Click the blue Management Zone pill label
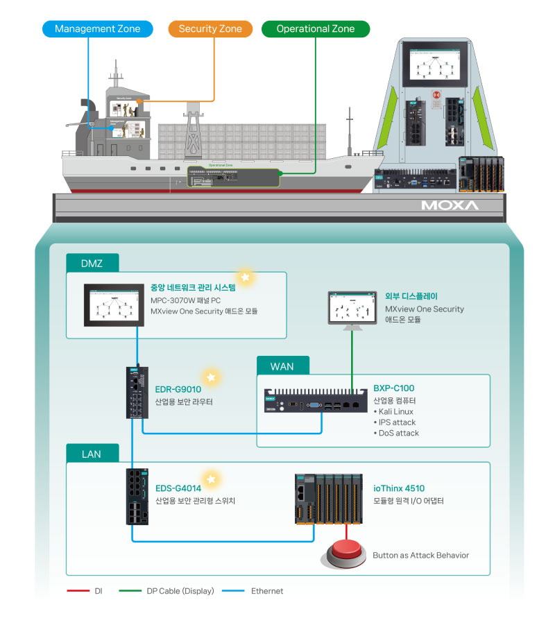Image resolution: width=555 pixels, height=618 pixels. pos(97,28)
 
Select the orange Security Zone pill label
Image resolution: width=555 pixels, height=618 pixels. pos(210,28)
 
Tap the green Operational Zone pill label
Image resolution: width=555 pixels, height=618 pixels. pos(316,28)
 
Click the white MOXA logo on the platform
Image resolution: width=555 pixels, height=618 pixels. pos(449,206)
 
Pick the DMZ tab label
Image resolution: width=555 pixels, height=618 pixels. pos(92,263)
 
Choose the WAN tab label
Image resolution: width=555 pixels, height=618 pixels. pos(283,366)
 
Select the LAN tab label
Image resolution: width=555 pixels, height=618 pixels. pos(92,454)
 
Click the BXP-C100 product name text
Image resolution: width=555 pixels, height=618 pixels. pos(393,388)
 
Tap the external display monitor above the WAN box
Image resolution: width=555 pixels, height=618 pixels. pos(352,307)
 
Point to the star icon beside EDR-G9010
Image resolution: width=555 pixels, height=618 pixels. pos(212,378)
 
